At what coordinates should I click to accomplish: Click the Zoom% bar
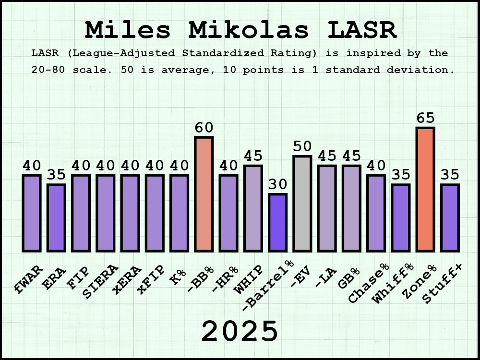coord(425,189)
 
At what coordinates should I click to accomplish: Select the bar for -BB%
coord(204,194)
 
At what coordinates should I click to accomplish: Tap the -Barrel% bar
coord(277,222)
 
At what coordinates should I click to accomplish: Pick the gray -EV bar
coord(302,204)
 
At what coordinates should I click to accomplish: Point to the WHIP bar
coord(253,208)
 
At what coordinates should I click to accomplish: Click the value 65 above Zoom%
coord(425,118)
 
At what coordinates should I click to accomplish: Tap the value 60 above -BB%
coord(204,128)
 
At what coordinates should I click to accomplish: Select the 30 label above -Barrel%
coord(277,185)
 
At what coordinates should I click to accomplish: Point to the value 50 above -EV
coord(302,147)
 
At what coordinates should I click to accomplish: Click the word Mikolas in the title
coord(249,30)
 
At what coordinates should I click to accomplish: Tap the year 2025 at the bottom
coord(240,331)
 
